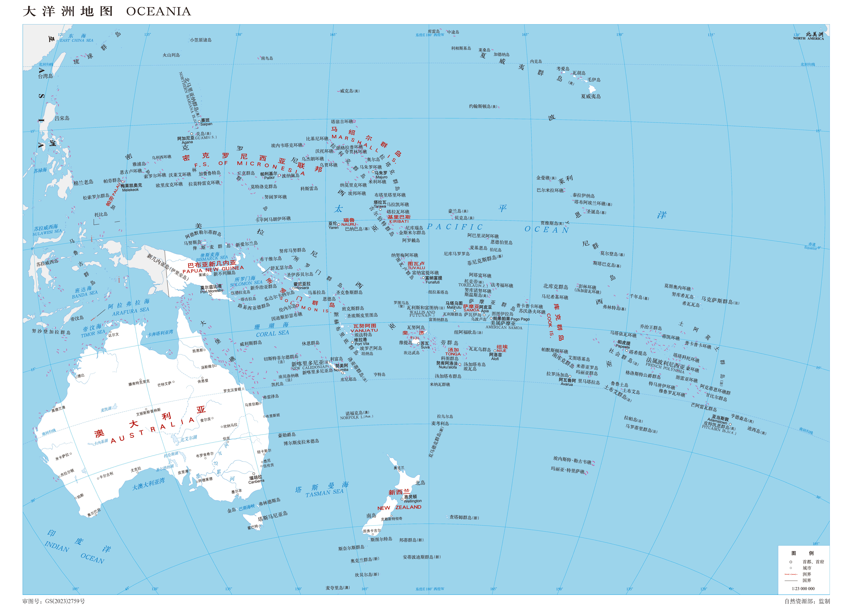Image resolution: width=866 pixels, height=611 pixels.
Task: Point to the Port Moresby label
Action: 212,292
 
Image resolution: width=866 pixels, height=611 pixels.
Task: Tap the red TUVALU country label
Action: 416,268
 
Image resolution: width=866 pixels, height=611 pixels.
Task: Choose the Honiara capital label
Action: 302,288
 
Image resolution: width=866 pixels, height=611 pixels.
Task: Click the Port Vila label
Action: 362,344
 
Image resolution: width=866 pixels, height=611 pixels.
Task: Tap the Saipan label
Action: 206,124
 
